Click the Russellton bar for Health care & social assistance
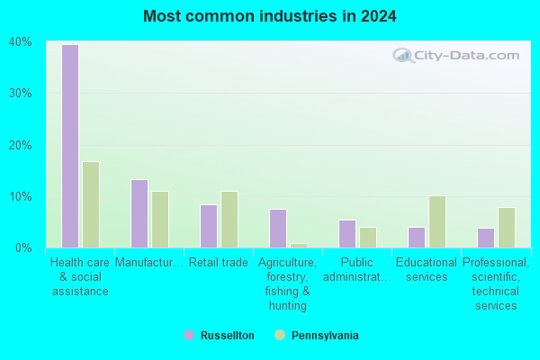(70, 146)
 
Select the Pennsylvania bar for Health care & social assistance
(91, 204)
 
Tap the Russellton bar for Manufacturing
(139, 213)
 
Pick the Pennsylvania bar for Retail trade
(229, 220)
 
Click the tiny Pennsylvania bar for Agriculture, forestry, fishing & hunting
(299, 246)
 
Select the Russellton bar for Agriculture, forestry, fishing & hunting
(278, 229)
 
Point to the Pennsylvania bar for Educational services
(437, 222)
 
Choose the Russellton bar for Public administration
(347, 234)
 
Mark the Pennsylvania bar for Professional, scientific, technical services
(507, 228)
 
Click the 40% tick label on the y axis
(21, 42)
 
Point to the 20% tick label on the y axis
(21, 146)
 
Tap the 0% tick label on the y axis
(23, 248)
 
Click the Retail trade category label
(219, 263)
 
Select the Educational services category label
(427, 270)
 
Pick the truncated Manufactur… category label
(149, 263)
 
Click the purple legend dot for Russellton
(189, 335)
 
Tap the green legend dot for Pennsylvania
(280, 335)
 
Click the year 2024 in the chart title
(379, 16)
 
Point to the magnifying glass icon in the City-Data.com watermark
(403, 56)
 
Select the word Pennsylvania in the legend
(325, 335)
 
